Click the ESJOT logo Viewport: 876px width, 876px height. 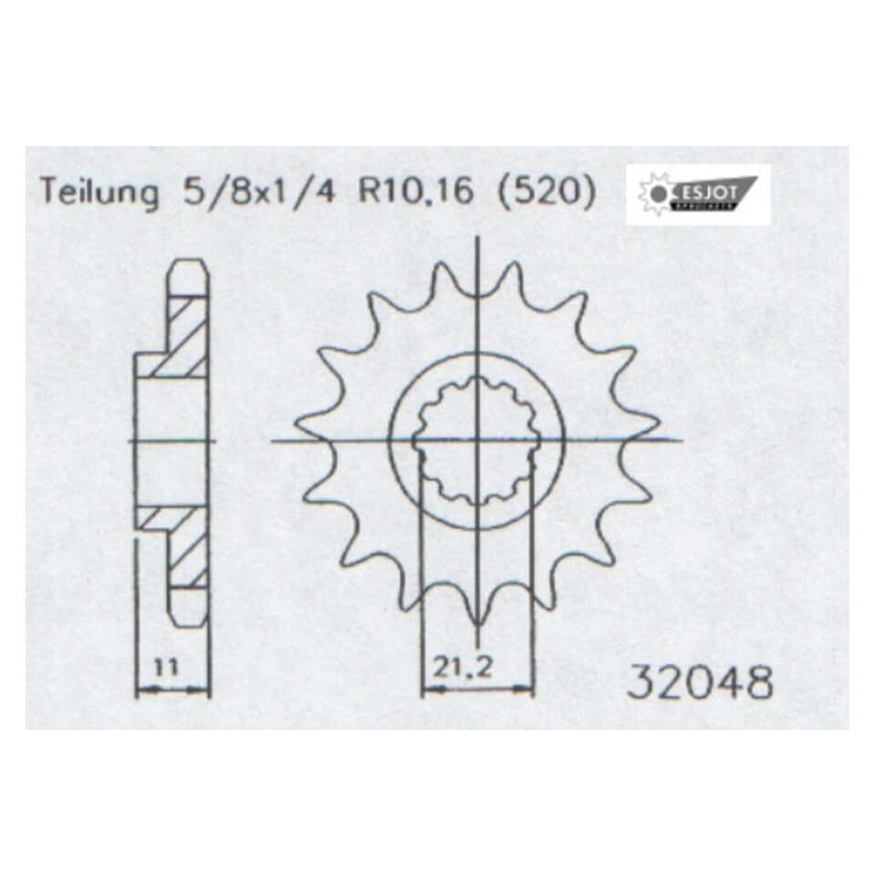tap(697, 194)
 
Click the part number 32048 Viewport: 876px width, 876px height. tap(700, 682)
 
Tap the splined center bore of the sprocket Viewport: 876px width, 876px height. tap(476, 442)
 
